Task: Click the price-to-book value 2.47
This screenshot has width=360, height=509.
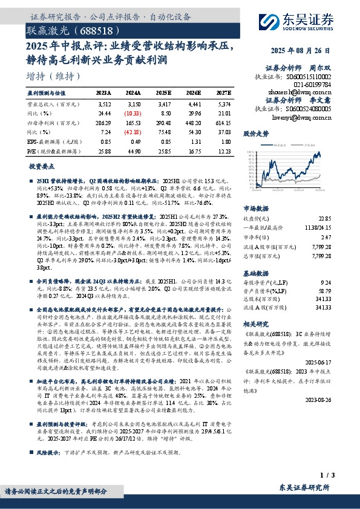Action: pos(326,238)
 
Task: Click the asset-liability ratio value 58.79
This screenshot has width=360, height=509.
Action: pos(324,291)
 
